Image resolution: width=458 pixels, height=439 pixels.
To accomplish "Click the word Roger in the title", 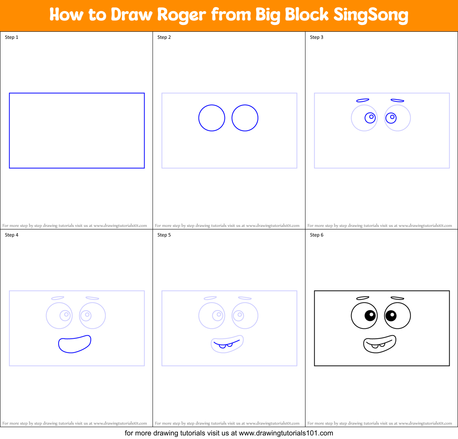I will click(181, 15).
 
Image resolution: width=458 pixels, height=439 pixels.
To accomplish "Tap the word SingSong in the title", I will click(370, 15).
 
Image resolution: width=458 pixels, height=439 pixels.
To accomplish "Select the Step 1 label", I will click(11, 37).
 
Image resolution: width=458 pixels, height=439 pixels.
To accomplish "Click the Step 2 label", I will click(164, 37).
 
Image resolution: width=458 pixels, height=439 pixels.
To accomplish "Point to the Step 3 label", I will click(317, 37).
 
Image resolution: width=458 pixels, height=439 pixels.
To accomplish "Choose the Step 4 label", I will click(11, 235).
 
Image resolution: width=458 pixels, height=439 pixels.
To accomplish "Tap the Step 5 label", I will click(164, 235).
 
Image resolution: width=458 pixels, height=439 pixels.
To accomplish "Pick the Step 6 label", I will click(317, 235).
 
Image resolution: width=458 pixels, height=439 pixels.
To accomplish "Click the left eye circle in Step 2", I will click(212, 118).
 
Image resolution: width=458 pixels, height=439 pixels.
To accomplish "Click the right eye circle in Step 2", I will click(245, 118).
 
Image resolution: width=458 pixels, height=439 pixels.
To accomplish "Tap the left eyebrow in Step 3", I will click(363, 101).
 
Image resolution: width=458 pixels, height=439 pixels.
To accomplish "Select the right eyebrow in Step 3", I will click(397, 101).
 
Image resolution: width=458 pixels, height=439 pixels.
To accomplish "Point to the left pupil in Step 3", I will click(370, 118).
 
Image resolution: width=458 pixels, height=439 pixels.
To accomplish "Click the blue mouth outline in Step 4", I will click(74, 344).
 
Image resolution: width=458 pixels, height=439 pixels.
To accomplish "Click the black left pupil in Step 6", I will click(370, 315).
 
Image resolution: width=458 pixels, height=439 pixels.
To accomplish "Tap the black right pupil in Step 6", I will click(391, 315).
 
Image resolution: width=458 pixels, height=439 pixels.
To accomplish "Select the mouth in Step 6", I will click(380, 344).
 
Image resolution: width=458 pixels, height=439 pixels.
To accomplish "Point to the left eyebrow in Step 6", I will click(363, 298).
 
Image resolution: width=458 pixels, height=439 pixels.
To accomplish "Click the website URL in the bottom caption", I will click(286, 433).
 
